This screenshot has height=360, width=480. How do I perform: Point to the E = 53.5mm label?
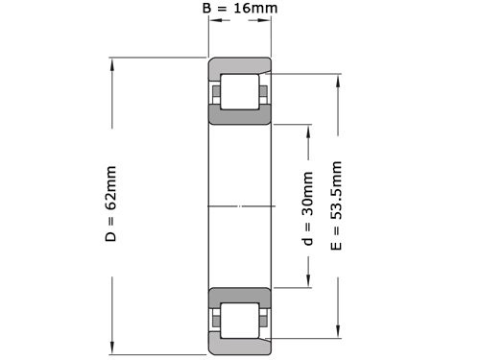(335, 207)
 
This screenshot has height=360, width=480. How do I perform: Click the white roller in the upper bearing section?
(240, 94)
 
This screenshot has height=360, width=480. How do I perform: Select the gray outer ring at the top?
(240, 68)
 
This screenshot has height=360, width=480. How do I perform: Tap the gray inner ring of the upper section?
(240, 116)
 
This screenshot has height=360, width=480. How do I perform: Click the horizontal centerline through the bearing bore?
(240, 206)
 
